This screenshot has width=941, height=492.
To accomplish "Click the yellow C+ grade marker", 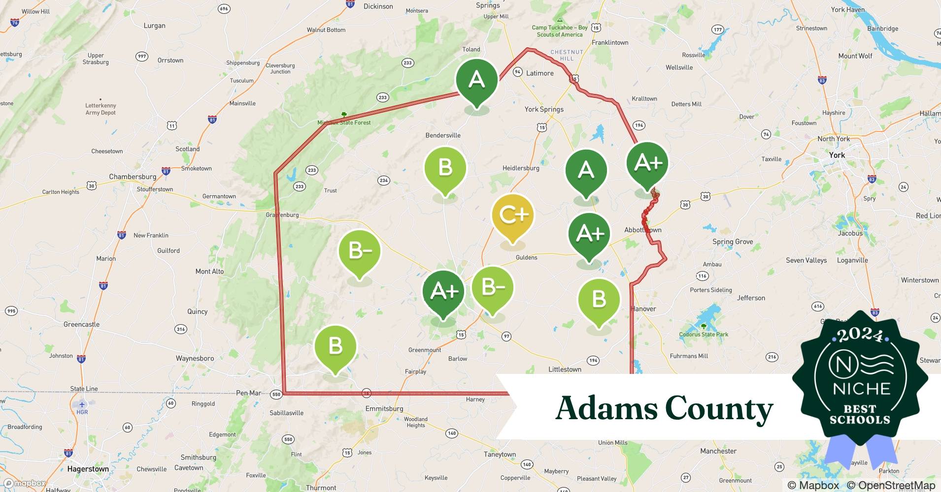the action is coord(513,215).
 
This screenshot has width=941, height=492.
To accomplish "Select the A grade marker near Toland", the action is coord(476,80).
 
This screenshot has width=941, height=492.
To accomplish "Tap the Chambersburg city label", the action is coord(133,177).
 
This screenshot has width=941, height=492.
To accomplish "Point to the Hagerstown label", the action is coord(88,469).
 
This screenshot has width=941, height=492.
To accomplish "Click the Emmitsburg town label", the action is coord(384,408).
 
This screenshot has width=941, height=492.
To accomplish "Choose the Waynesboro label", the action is coord(195,358).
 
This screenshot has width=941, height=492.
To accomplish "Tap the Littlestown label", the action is coord(565,369).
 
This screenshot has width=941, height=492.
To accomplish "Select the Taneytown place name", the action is coord(500,454).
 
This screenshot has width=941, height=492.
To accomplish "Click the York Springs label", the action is coord(544,109).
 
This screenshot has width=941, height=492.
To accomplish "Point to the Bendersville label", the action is coord(443,135).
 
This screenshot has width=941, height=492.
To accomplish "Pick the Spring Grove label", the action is coord(733,242).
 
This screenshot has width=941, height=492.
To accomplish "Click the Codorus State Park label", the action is coord(704,334).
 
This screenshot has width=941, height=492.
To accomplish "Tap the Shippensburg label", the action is coord(243,63).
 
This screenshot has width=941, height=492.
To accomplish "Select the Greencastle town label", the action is coord(81,324).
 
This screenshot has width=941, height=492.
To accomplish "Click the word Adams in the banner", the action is coord(605,408).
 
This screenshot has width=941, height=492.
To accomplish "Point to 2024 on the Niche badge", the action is coord(860,336).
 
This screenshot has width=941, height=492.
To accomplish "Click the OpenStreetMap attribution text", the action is coord(891,485).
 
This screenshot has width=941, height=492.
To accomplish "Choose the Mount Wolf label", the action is coord(855,56).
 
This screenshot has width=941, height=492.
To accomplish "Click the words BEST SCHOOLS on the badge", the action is coord(860,414).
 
